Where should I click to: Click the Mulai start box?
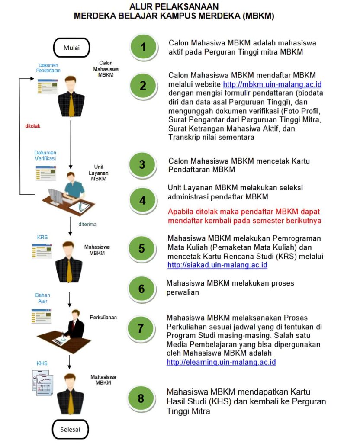71,48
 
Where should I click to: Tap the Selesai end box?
71,430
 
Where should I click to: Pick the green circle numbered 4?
142,200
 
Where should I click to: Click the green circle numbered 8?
141,398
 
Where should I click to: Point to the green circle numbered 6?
141,289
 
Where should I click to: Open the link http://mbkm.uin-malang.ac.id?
272,83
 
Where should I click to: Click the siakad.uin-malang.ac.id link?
217,265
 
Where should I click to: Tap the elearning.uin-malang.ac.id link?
221,362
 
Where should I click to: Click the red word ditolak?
33,126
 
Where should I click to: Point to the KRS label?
42,238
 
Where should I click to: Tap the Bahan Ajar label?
43,298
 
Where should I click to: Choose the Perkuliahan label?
103,317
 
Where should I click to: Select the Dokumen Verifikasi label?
45,155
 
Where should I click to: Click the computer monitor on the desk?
56,199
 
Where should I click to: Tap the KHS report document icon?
42,380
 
